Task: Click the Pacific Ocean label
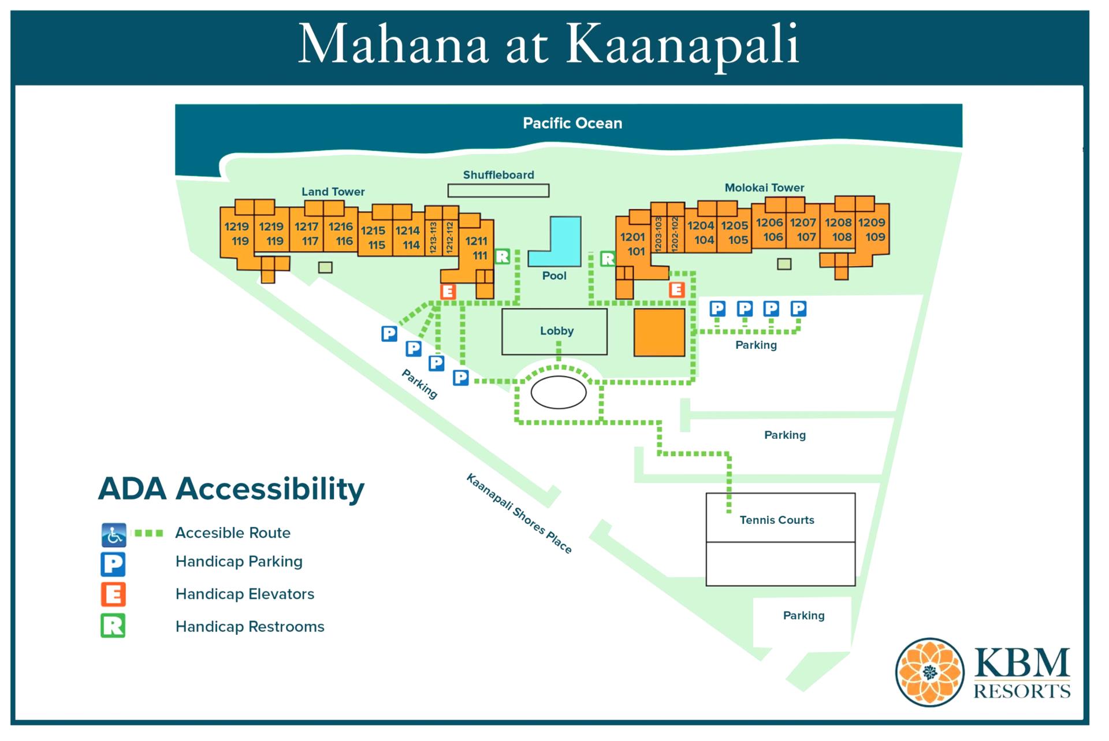[x=572, y=123]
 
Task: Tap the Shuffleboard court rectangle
[x=498, y=190]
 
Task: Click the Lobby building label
[x=556, y=331]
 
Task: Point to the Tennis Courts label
[x=776, y=520]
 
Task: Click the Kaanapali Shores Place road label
[x=518, y=513]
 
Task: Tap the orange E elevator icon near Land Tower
[x=448, y=292]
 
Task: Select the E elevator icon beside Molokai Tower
[x=676, y=289]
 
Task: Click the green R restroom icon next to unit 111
[x=503, y=256]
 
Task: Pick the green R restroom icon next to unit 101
[x=607, y=259]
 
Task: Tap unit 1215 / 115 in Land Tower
[x=374, y=237]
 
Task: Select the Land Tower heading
[x=333, y=192]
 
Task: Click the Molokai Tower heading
[x=764, y=188]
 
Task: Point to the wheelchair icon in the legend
[x=114, y=535]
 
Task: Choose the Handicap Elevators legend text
[x=244, y=594]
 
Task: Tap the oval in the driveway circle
[x=558, y=393]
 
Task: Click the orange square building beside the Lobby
[x=659, y=332]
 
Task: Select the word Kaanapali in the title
[x=682, y=45]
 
